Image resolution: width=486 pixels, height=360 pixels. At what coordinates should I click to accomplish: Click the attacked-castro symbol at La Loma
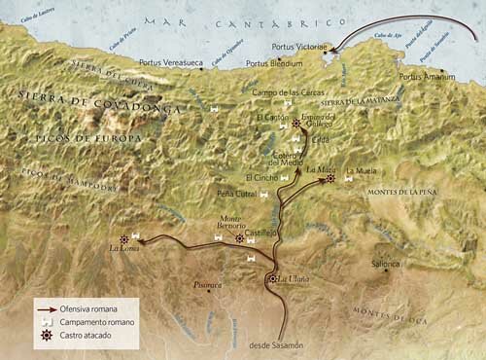(123, 238)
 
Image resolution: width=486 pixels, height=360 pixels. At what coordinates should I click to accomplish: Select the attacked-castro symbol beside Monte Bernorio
(240, 237)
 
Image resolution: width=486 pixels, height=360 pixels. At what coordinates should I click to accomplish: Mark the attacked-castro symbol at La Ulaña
(272, 280)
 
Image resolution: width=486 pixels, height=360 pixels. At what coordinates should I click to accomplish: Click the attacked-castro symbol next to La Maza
(331, 178)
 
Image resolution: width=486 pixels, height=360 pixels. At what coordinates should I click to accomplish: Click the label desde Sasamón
(276, 346)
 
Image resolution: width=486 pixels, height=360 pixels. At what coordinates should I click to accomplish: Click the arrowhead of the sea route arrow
(333, 48)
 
